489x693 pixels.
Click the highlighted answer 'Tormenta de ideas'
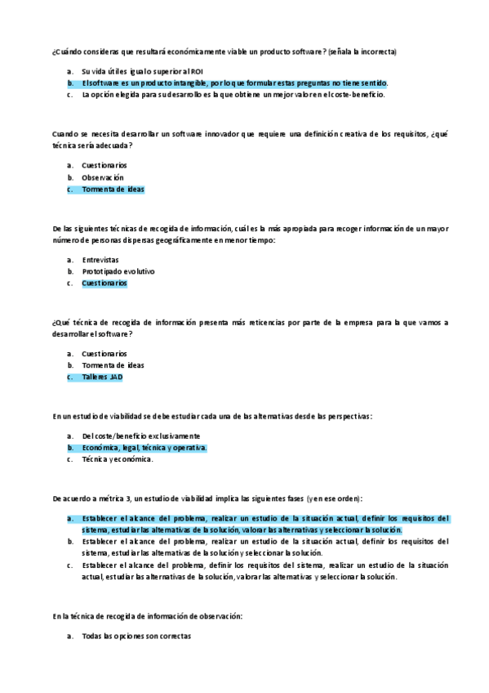pos(113,190)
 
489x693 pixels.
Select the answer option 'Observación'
pos(103,177)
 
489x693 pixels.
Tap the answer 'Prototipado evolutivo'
pos(118,271)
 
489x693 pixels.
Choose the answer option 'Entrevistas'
pos(100,259)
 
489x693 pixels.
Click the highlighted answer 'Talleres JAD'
pos(102,378)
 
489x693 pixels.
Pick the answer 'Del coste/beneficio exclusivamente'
pos(140,436)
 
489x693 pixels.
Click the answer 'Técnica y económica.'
pos(118,460)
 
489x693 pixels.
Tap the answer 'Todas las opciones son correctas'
pos(136,636)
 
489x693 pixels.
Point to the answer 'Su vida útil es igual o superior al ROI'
pos(136,71)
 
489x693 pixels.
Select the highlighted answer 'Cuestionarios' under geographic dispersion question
pos(104,284)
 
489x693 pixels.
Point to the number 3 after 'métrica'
pos(120,498)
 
